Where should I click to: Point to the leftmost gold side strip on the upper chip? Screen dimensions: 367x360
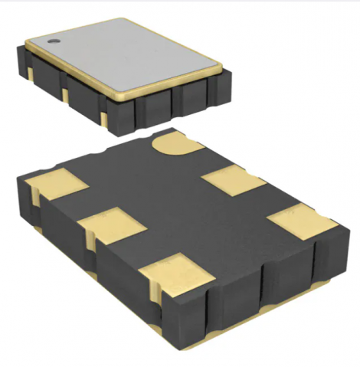coord(30,73)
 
